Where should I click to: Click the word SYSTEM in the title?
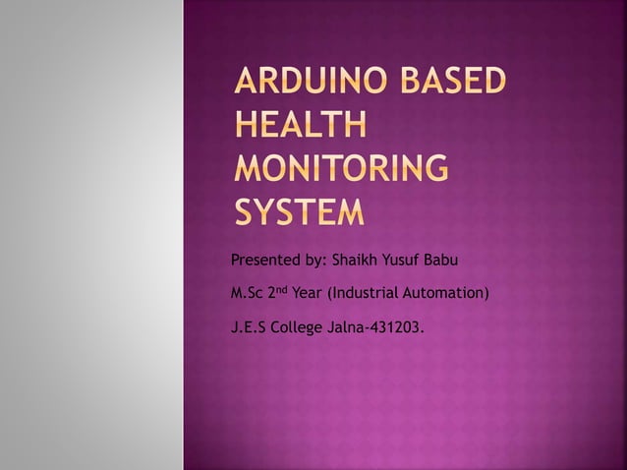point(298,211)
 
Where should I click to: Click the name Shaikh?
point(356,261)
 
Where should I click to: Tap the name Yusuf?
point(405,261)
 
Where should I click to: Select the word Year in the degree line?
point(308,293)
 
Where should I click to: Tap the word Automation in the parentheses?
point(446,293)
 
